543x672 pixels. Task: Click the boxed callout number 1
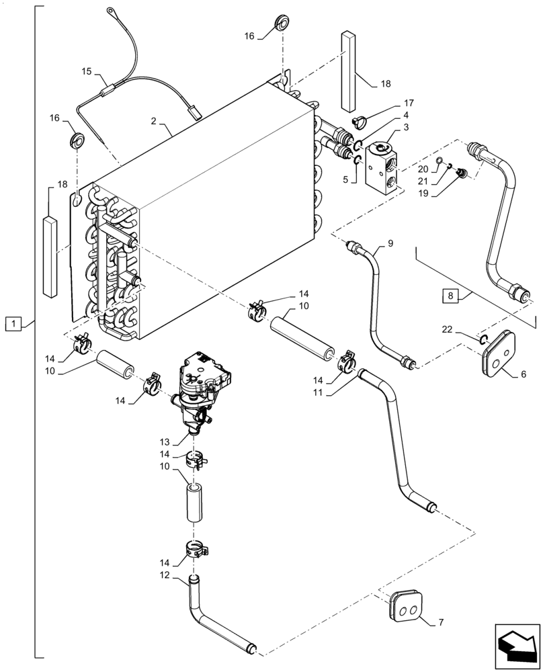(13, 325)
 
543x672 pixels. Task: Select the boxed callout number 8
(450, 294)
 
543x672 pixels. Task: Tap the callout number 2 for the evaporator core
(154, 121)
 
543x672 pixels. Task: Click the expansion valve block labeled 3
(380, 168)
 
